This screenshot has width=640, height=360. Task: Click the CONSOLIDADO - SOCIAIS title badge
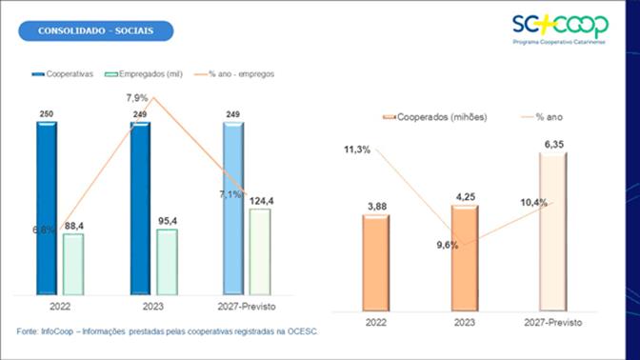click(x=97, y=31)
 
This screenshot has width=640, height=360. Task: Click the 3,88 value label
click(x=375, y=206)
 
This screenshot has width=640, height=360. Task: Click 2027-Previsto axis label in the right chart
click(x=552, y=324)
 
